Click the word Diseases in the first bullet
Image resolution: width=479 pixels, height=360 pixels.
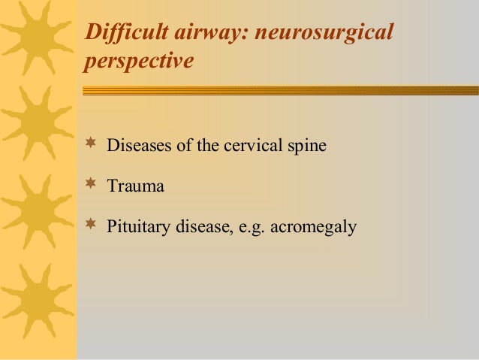137,145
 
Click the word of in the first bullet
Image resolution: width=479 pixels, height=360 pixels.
182,145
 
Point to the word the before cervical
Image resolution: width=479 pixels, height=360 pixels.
206,145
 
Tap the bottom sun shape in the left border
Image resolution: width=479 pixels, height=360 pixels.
30,304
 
